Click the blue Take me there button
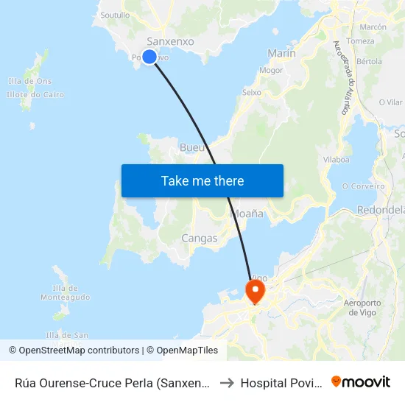click(202, 180)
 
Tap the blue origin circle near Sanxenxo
click(149, 57)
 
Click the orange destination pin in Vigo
click(255, 292)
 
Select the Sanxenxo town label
click(170, 42)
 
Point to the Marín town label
click(282, 53)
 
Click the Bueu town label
click(192, 148)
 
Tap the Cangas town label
click(200, 239)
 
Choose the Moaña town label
click(247, 214)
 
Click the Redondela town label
click(380, 210)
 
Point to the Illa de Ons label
click(29, 81)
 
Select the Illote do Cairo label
click(35, 94)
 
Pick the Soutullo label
click(114, 15)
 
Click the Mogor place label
click(271, 71)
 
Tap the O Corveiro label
click(364, 186)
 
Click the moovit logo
click(361, 381)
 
